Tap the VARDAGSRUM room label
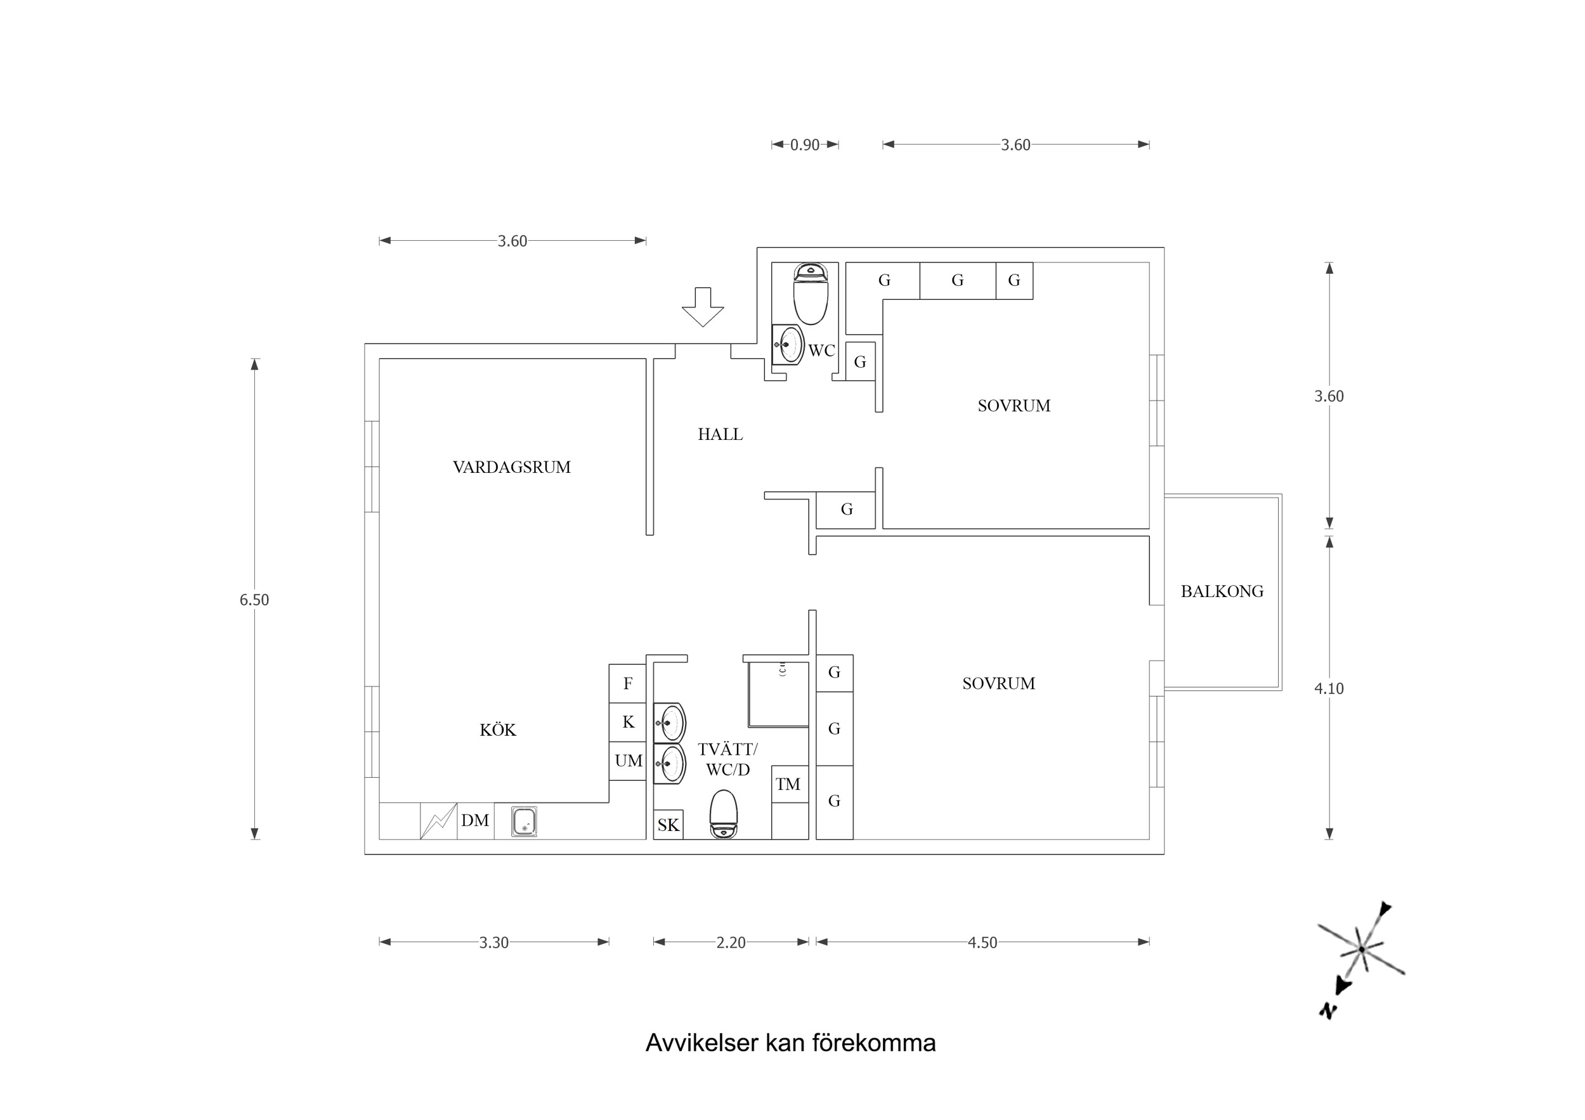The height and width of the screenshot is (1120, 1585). coord(512,467)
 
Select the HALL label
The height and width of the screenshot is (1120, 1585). coord(720,434)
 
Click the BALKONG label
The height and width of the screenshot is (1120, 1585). coord(1222,591)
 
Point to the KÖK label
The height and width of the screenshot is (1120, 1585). coord(498,730)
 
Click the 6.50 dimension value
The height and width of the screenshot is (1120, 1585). coord(254,600)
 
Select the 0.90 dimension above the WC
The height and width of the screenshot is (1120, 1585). coord(804,145)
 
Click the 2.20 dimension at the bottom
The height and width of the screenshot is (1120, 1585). coord(731,943)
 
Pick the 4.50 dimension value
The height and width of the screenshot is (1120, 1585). coord(982,943)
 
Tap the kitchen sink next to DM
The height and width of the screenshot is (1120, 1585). coord(524,822)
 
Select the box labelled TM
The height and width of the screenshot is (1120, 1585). coord(788,784)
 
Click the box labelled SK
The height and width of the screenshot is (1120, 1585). coord(667,825)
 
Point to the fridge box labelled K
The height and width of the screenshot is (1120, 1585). coord(627,722)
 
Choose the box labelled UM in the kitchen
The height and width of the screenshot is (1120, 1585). coord(627,761)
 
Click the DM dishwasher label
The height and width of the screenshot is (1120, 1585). coord(475,820)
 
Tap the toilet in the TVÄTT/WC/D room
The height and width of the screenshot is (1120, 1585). coord(723,815)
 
